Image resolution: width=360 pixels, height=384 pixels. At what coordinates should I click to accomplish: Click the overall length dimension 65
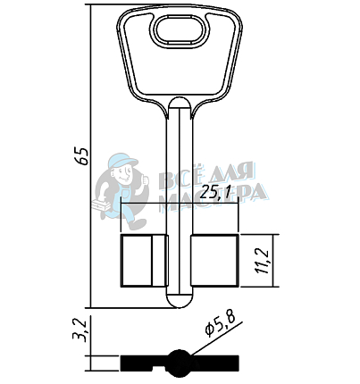pyautogui.click(x=82, y=156)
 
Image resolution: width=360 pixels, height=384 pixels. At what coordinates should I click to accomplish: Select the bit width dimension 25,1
pyautogui.click(x=214, y=193)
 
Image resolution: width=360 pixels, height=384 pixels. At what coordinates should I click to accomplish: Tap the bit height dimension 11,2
pyautogui.click(x=263, y=261)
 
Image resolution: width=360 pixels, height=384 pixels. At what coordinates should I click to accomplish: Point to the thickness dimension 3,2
pyautogui.click(x=80, y=330)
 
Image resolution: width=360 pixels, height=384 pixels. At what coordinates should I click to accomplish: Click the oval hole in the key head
pyautogui.click(x=180, y=31)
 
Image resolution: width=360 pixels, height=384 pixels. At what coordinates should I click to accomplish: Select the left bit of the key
pyautogui.click(x=144, y=261)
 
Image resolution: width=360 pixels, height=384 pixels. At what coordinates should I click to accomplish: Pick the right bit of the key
pyautogui.click(x=214, y=261)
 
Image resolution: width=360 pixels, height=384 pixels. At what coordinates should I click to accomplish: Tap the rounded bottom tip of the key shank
pyautogui.click(x=179, y=300)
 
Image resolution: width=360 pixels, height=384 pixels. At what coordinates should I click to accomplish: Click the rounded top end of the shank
pyautogui.click(x=179, y=103)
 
